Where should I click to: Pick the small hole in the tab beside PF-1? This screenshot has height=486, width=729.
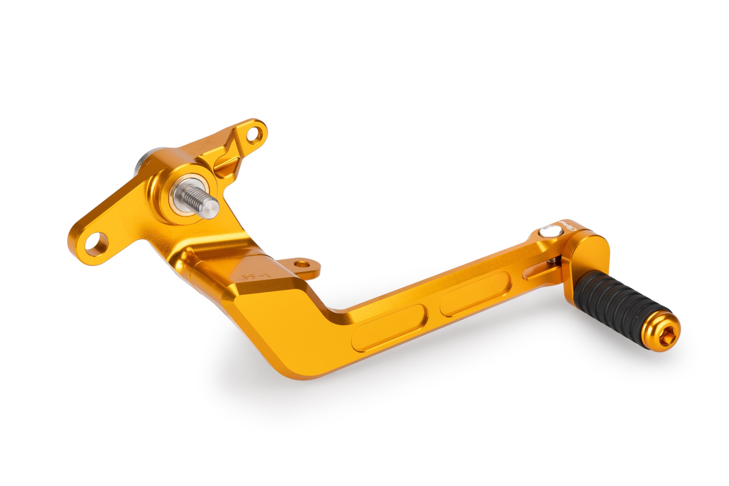[x=300, y=264]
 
